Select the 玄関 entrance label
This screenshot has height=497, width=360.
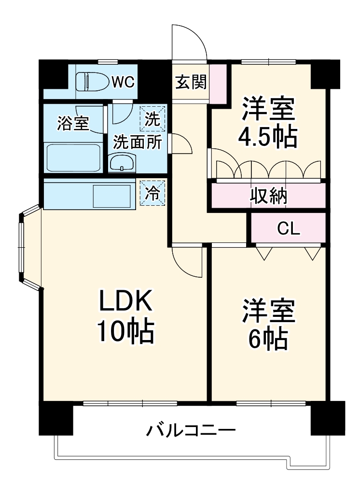click(190, 83)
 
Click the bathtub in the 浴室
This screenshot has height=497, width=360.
click(73, 157)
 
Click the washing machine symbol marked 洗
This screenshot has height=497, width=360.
click(152, 119)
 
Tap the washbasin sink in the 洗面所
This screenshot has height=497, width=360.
click(123, 163)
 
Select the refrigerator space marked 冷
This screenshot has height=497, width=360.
click(152, 193)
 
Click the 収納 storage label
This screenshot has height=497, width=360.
click(268, 196)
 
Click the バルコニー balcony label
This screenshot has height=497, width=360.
click(192, 429)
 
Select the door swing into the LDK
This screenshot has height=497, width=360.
click(187, 261)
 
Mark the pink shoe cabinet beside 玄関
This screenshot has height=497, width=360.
click(218, 83)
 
